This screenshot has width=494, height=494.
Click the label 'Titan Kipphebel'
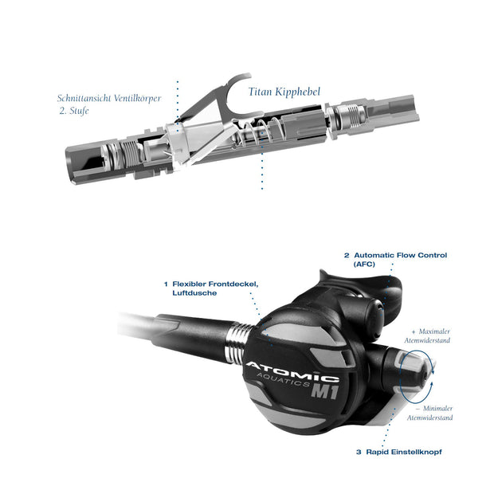tap(284, 92)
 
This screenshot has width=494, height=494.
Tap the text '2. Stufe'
tap(73, 112)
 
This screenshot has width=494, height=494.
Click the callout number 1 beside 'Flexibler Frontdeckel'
tap(165, 283)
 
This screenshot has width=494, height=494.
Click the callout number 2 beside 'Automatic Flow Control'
tap(347, 255)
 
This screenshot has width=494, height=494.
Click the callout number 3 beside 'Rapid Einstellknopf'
tap(359, 451)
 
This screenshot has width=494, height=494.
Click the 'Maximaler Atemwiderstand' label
tap(430, 335)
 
